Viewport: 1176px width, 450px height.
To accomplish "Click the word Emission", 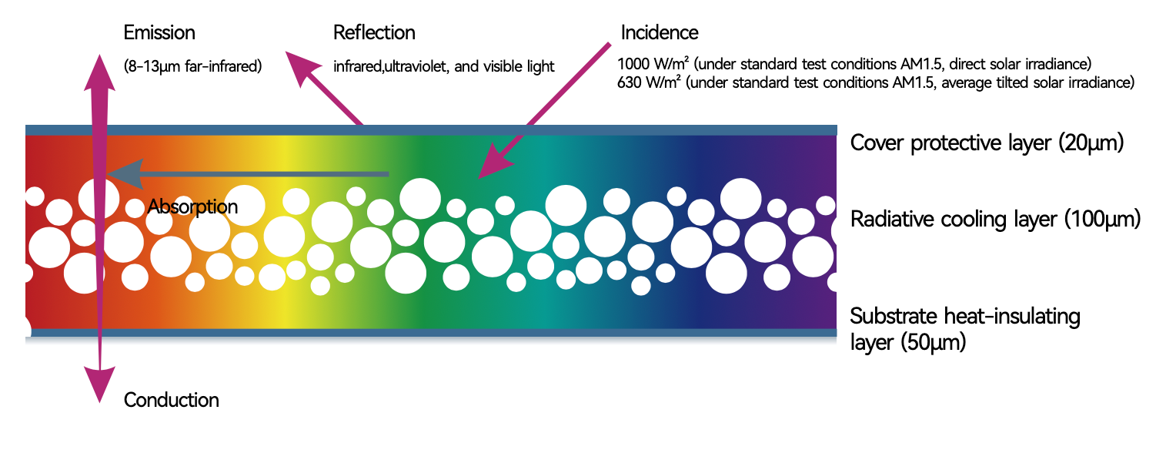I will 159,33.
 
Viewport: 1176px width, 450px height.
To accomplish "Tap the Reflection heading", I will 374,33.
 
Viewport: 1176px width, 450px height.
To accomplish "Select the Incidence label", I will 660,33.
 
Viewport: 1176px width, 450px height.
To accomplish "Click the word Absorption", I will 192,207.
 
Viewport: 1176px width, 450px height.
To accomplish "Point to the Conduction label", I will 171,401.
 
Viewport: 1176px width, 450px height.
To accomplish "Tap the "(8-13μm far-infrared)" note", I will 192,66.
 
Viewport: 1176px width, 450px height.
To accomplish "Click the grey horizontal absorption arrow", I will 246,174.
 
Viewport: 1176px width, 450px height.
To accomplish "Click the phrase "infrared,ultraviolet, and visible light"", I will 443,66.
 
